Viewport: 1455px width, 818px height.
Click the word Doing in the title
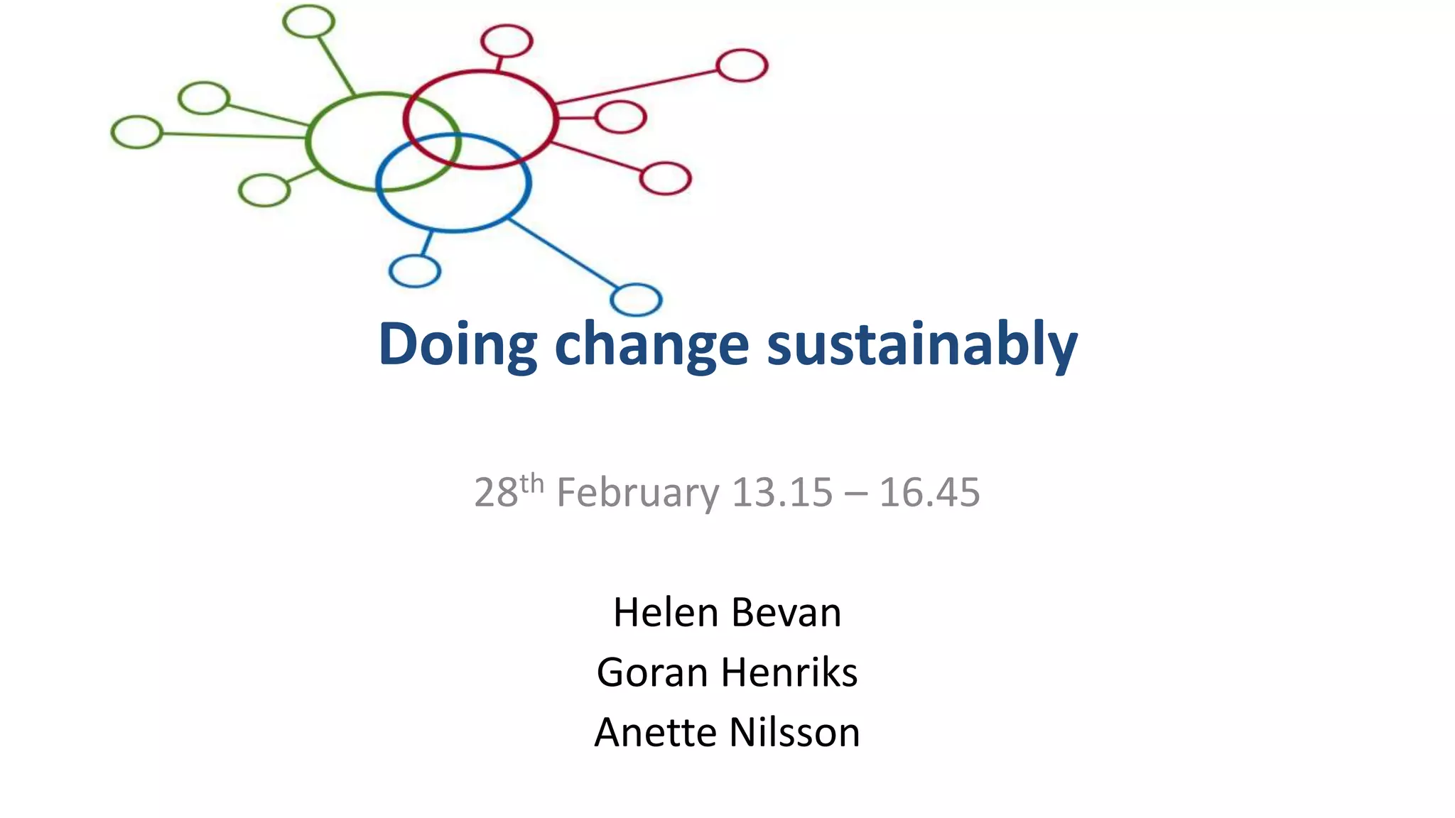coord(458,345)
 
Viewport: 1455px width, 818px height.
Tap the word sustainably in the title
coord(922,345)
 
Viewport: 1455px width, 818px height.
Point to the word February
coord(637,493)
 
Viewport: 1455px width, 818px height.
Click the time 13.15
coord(781,492)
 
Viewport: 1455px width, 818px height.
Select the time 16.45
coord(929,492)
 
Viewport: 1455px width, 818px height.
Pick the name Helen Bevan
coord(727,612)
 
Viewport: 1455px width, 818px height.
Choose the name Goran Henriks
coord(727,672)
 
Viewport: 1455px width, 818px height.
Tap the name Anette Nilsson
coord(727,732)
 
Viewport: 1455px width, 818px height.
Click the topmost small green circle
coord(308,21)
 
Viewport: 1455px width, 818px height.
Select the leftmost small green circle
coord(137,132)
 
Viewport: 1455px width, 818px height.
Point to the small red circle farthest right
coord(742,65)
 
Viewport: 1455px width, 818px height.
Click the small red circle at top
coord(507,40)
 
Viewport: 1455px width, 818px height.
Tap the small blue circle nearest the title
coord(636,299)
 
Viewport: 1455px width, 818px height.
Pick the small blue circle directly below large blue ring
coord(415,271)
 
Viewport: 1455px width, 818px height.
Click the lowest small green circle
coord(264,190)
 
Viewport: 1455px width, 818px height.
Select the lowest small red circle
coord(665,178)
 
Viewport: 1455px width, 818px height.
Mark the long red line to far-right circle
coord(636,87)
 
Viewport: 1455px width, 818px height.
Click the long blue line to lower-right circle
coord(561,253)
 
